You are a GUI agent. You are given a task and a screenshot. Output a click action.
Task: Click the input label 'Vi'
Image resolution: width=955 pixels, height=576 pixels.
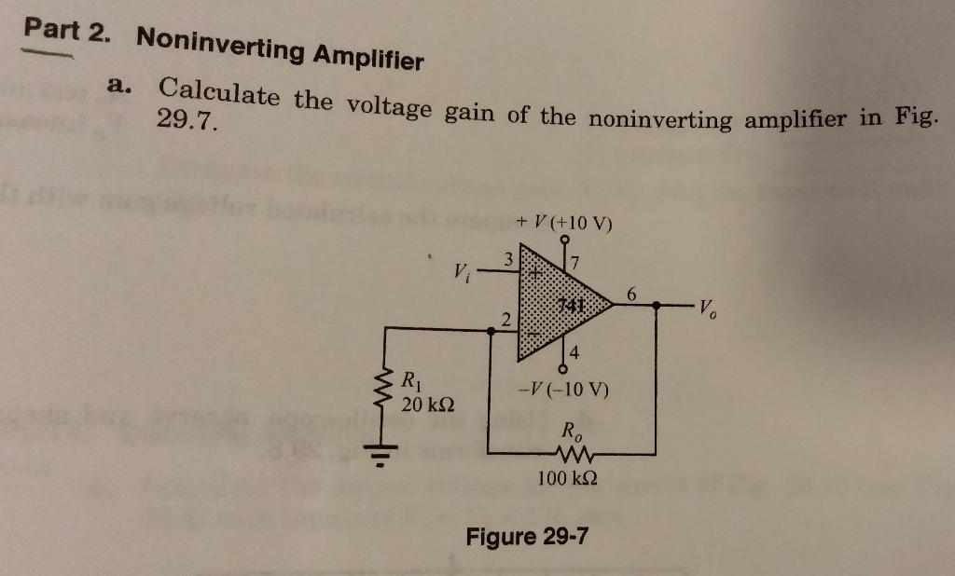[461, 273]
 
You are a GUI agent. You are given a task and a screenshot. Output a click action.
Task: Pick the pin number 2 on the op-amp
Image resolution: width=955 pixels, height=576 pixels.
[505, 320]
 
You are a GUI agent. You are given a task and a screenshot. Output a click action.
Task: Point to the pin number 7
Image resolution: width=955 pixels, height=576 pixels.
[575, 257]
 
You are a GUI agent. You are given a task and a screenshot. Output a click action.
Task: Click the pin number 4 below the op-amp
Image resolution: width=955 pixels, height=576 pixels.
[574, 352]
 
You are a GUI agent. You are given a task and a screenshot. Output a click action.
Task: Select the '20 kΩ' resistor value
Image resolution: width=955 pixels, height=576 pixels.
[428, 405]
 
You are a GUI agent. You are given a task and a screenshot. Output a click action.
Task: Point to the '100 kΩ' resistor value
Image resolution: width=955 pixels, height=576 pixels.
[568, 479]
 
